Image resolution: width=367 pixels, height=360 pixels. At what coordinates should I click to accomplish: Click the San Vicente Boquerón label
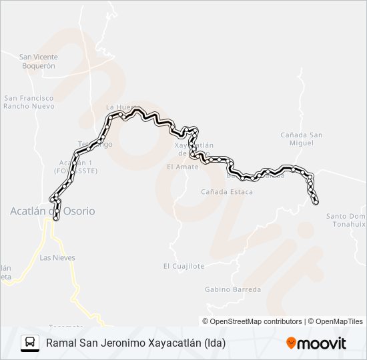point(38,61)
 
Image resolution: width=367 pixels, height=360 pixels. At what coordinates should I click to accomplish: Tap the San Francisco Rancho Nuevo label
point(29,102)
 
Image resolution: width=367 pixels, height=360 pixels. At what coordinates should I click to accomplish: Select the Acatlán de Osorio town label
point(52,211)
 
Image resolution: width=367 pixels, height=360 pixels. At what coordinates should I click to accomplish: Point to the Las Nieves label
point(57,257)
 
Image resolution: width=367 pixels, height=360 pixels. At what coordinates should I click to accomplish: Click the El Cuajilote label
point(183,266)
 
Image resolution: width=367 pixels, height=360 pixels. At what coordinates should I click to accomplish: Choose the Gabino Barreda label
point(233,289)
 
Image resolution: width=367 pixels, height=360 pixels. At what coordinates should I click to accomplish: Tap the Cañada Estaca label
point(227,192)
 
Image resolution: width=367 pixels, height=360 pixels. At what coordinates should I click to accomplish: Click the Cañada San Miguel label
point(302,139)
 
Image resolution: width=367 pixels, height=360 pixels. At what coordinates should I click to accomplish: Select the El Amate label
point(183,167)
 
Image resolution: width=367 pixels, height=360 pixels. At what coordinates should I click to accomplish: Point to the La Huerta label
point(121,107)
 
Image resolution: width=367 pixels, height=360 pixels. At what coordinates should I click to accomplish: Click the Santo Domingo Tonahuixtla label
point(346,220)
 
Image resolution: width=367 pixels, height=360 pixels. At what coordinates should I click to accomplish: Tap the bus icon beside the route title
point(30,343)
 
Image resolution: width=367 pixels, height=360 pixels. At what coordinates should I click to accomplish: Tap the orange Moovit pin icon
point(291,343)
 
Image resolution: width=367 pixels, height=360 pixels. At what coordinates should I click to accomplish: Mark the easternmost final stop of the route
point(316,202)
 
